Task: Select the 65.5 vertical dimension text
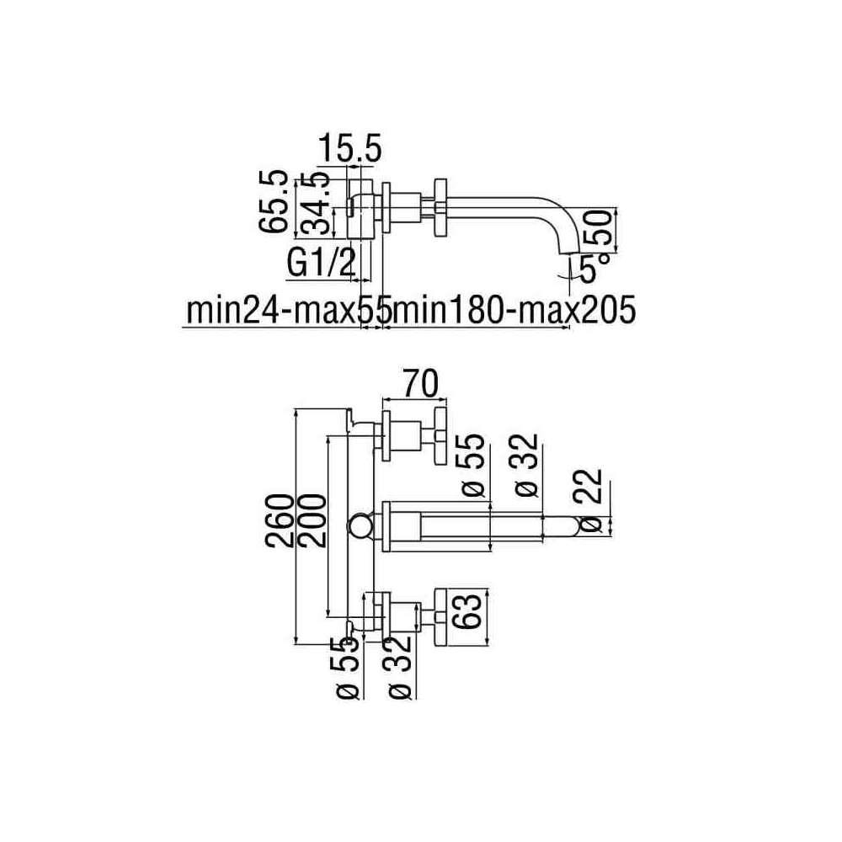tap(273, 202)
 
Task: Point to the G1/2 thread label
tap(321, 263)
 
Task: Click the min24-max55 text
tap(288, 310)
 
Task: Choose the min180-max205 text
tap(514, 310)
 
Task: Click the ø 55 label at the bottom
tap(348, 669)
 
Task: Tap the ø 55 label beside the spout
tap(472, 465)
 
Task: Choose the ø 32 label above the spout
tap(525, 465)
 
